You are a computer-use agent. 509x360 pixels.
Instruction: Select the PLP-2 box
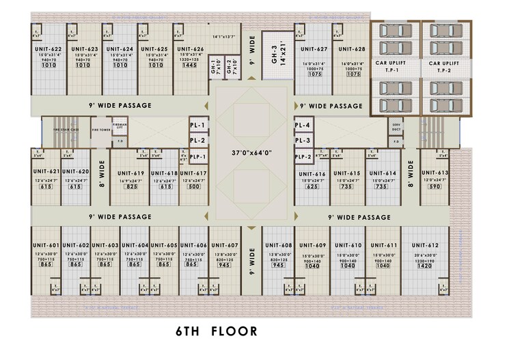tap(304, 156)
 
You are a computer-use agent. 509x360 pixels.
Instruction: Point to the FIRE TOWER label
tap(101, 129)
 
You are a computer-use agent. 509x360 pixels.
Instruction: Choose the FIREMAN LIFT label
tap(120, 126)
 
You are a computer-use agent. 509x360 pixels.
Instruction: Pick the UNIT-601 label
tap(46, 245)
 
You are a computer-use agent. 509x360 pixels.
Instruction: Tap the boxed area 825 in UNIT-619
tap(132, 186)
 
